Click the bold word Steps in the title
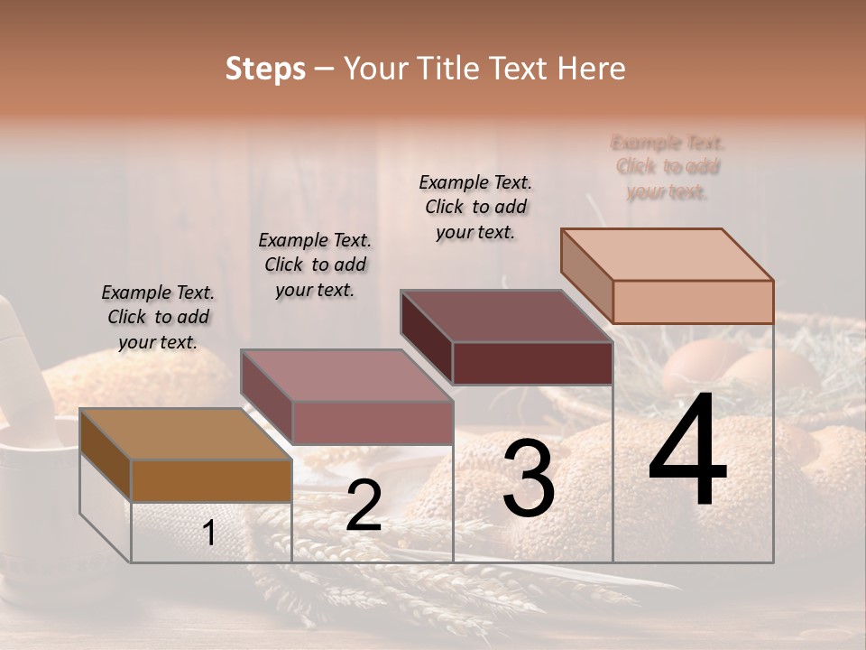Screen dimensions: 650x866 (x=265, y=69)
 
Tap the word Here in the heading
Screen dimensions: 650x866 (x=590, y=69)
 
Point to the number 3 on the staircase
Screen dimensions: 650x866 (x=529, y=479)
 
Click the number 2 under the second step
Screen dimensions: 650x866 (x=364, y=506)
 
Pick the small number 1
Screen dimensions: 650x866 (x=209, y=534)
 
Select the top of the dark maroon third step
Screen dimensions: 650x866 (x=506, y=316)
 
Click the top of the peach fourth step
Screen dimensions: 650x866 (x=667, y=255)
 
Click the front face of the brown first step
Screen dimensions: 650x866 (x=211, y=480)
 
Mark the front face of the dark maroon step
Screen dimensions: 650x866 (x=532, y=363)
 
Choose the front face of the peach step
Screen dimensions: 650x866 (x=693, y=302)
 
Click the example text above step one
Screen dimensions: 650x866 (x=158, y=317)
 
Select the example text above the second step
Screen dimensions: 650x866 (x=315, y=265)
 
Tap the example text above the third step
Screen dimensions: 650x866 (x=475, y=207)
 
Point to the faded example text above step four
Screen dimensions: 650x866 (x=668, y=167)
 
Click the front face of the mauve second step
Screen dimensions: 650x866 (x=372, y=422)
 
